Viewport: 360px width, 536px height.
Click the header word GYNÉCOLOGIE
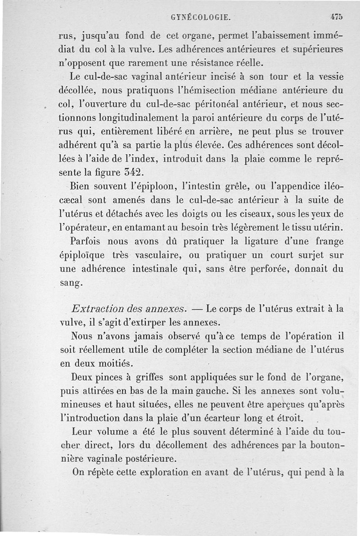201,18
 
